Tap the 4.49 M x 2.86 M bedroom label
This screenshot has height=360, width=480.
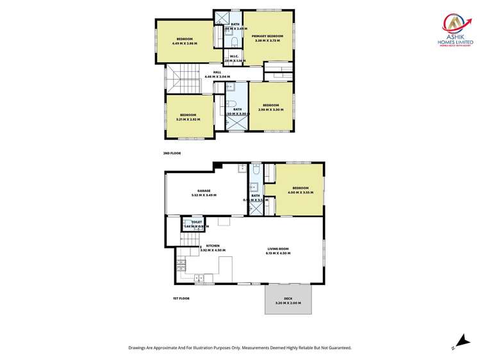tap(185, 39)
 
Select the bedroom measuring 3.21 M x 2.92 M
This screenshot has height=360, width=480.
tap(188, 115)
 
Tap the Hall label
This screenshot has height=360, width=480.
tap(217, 72)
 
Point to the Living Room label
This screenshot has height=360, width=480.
tap(278, 249)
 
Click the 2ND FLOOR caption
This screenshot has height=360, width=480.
tap(171, 154)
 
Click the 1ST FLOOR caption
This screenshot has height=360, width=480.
tap(181, 298)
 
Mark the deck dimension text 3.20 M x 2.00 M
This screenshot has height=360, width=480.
tap(288, 302)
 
